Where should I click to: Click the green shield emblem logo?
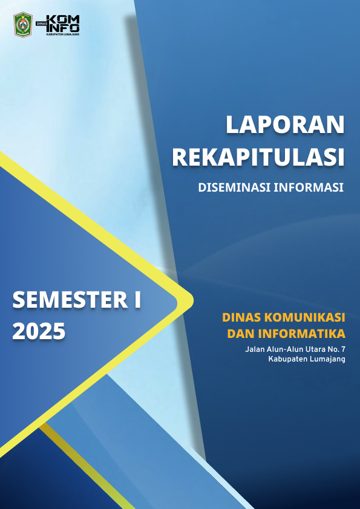(23, 24)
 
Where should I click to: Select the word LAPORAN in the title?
(285, 125)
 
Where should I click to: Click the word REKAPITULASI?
(258, 157)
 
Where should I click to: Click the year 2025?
(38, 331)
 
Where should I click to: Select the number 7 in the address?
(342, 349)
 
